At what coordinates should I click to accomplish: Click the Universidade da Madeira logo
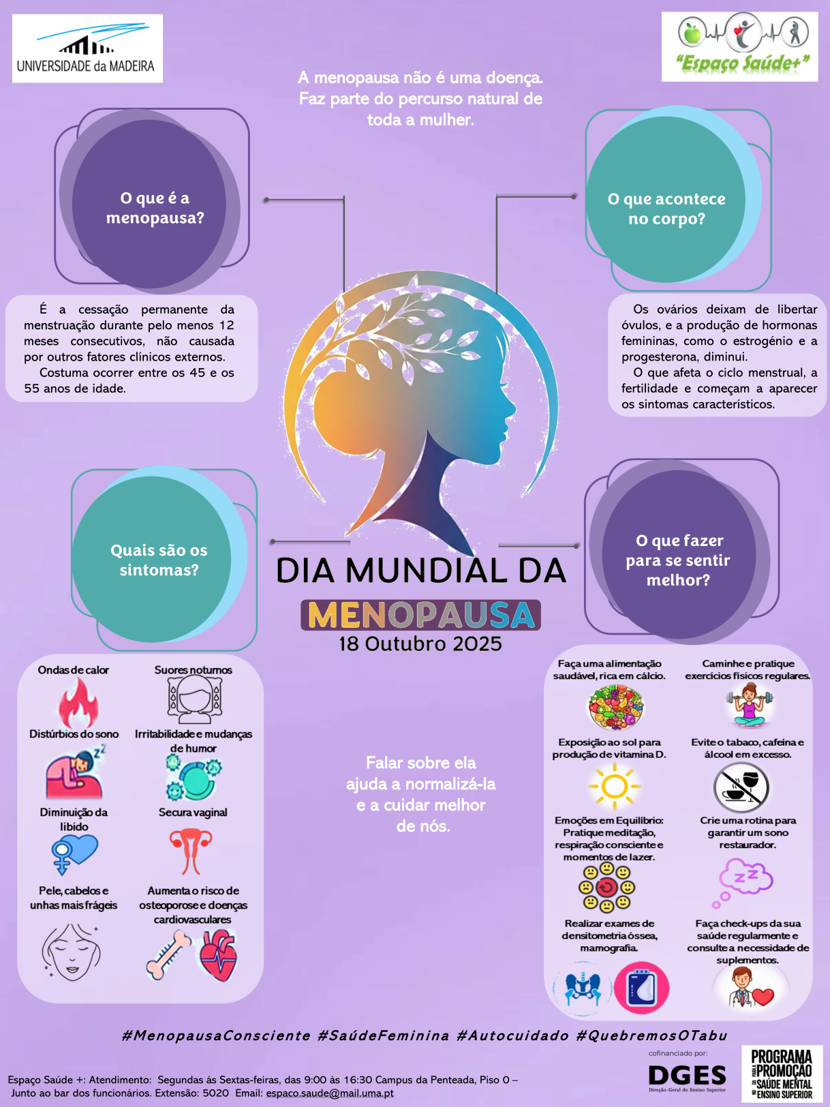tap(87, 48)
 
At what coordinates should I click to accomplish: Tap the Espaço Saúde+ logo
tap(739, 46)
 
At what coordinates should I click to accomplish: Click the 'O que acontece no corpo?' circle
tap(666, 208)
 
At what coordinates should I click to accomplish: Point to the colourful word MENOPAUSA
tap(420, 615)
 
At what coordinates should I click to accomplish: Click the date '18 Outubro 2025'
tap(420, 644)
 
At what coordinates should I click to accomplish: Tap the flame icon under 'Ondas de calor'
tap(77, 703)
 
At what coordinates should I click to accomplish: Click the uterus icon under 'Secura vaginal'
tap(191, 851)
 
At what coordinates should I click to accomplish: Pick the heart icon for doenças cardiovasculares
tap(218, 956)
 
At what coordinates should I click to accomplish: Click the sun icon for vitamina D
tap(614, 786)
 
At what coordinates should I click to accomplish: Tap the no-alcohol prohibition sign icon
tap(741, 787)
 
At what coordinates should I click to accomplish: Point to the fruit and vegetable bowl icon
tap(615, 708)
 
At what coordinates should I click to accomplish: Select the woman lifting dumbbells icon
tap(749, 706)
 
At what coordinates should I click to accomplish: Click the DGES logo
tap(687, 1077)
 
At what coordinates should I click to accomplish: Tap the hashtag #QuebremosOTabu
tap(651, 1035)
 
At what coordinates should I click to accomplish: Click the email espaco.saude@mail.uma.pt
tap(330, 1093)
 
